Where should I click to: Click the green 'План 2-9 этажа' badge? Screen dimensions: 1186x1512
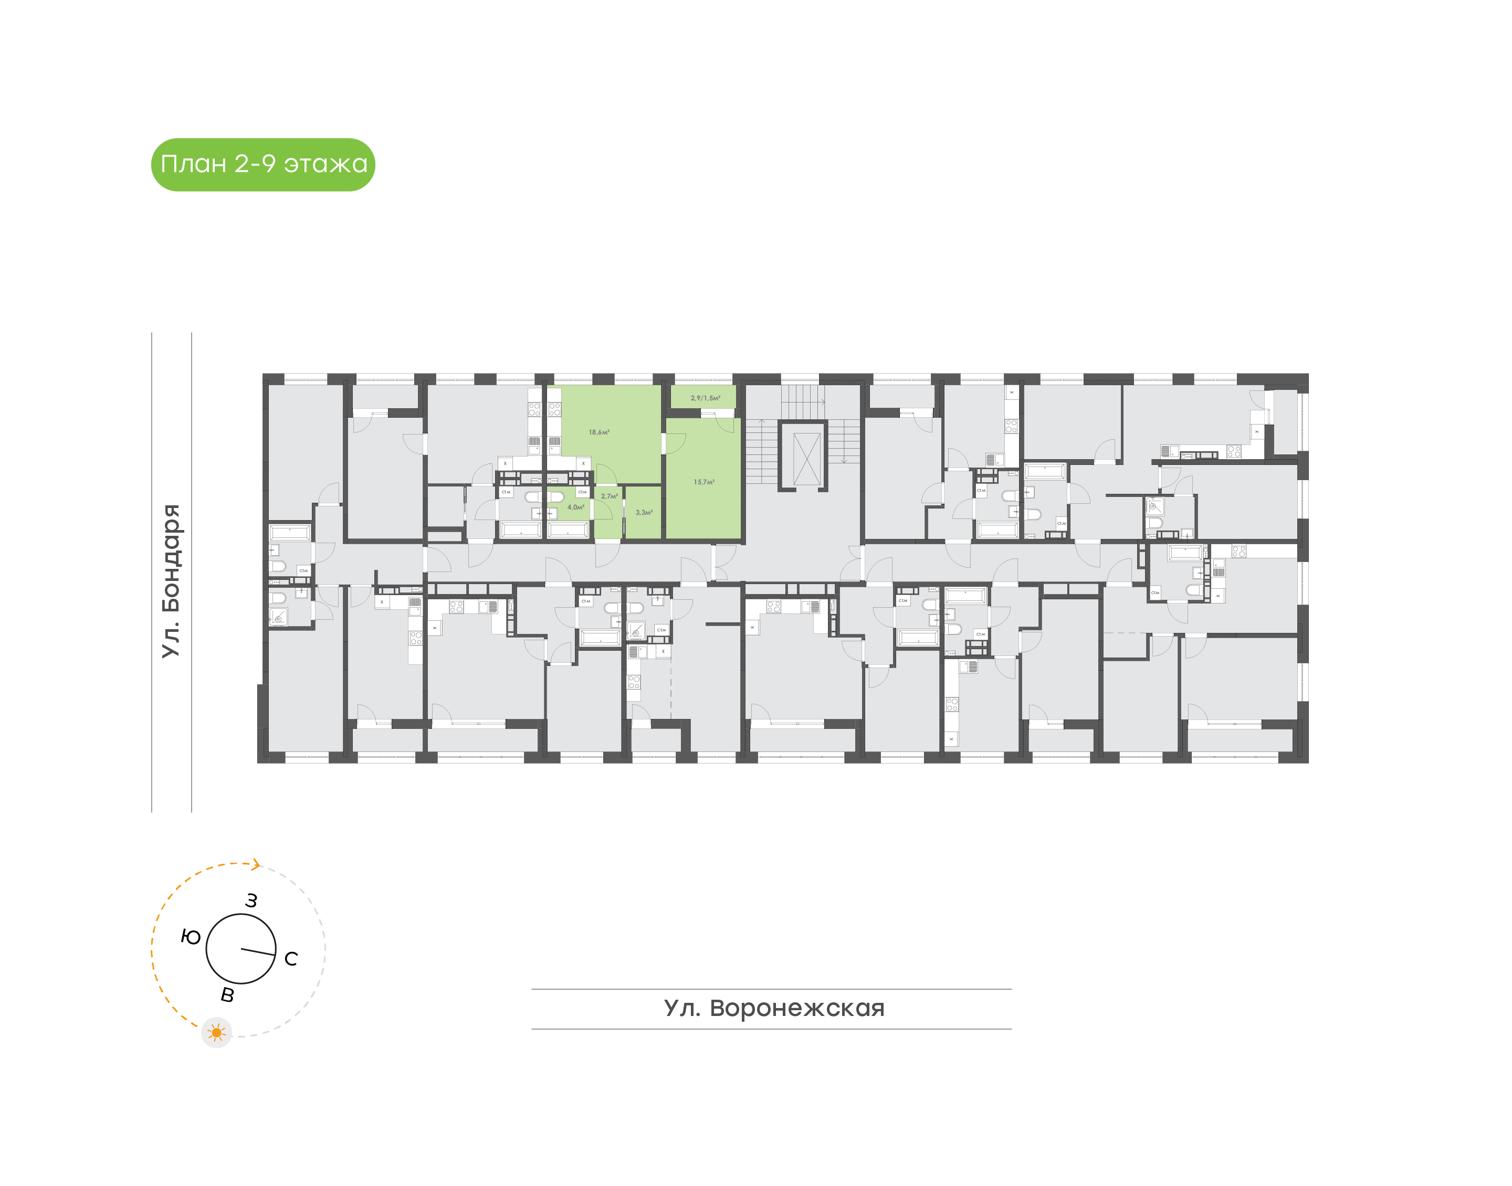[262, 165]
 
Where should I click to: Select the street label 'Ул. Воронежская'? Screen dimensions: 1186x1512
[774, 1008]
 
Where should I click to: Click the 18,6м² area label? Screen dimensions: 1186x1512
[598, 432]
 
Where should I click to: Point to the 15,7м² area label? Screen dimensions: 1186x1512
[703, 482]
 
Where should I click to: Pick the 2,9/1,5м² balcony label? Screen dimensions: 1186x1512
[705, 398]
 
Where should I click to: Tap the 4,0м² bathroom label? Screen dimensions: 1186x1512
[576, 507]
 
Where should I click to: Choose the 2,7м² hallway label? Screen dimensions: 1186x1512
[609, 496]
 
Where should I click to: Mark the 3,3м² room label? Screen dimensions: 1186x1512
[644, 513]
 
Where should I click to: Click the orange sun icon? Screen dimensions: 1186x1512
[217, 1033]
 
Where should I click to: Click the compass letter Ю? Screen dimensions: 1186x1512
[191, 937]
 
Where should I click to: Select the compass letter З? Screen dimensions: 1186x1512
[251, 901]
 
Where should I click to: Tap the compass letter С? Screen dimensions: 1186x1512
[291, 959]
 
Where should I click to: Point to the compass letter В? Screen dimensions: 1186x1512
[227, 995]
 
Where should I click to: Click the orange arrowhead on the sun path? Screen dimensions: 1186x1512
[256, 864]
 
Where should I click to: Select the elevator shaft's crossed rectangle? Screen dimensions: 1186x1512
[806, 459]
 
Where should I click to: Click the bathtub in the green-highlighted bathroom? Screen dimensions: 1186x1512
[568, 531]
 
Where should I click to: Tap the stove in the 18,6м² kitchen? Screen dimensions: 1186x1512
[554, 410]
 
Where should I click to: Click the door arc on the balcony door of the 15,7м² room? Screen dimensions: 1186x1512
[725, 423]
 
